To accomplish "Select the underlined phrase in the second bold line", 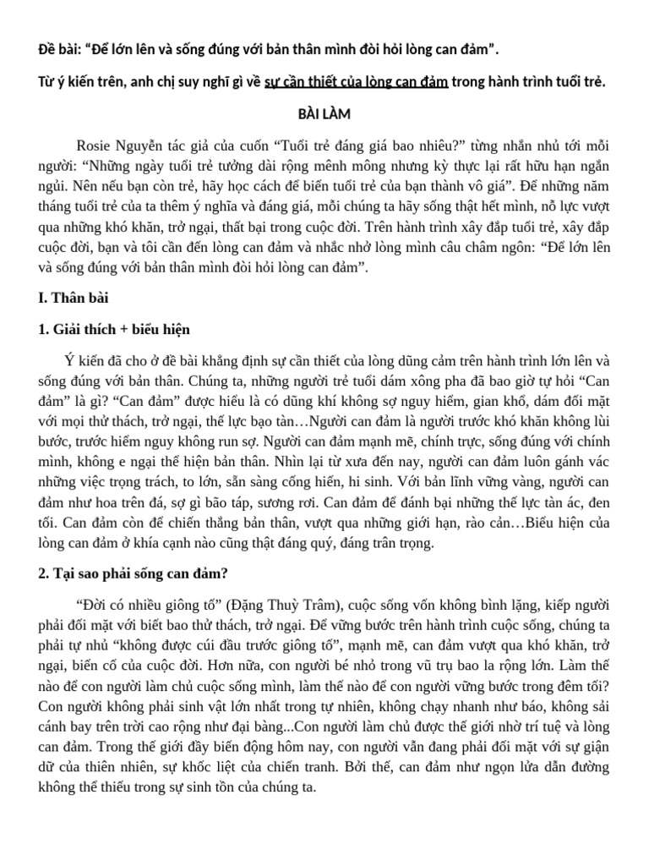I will pyautogui.click(x=356, y=82).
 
